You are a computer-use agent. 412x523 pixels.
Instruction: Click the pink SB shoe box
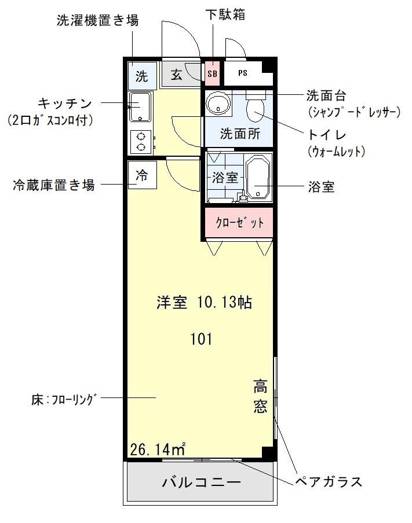coord(212,74)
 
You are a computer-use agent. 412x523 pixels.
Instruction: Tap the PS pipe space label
coord(243,74)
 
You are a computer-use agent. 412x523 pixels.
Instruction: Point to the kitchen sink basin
coord(140,106)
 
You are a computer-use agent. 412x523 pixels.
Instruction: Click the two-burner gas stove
coord(140,141)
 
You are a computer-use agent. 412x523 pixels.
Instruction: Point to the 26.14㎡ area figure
coord(157,448)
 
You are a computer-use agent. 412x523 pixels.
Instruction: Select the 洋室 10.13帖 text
coord(204,303)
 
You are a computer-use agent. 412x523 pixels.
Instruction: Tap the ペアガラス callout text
coord(328,481)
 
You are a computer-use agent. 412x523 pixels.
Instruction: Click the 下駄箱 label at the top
coord(225,14)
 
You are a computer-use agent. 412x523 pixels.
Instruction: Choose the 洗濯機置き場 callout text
coord(97,21)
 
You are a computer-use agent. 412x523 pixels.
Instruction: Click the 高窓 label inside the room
coord(260,396)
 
